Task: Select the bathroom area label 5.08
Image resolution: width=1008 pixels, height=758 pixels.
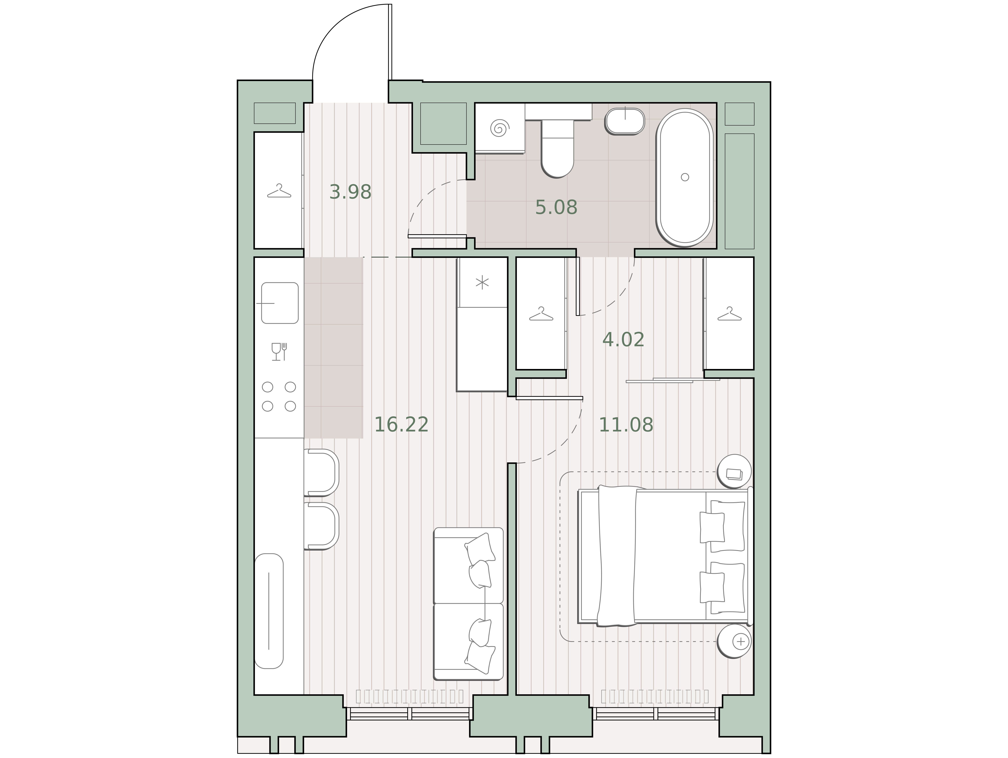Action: point(556,208)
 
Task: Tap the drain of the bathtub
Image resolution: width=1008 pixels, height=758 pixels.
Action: point(684,177)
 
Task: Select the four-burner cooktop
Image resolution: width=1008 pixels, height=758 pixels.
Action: point(279,396)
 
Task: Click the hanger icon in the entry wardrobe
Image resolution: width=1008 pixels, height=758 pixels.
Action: point(279,191)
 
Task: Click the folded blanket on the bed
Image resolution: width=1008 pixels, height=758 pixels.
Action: point(617,556)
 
